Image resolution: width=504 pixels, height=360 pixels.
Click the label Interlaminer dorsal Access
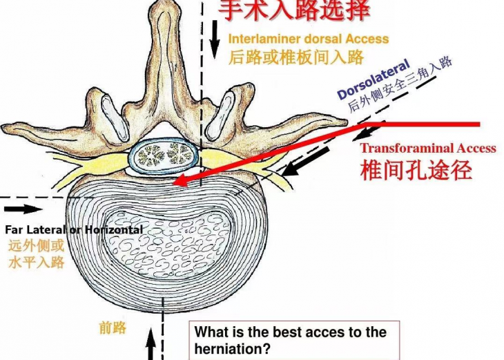308,39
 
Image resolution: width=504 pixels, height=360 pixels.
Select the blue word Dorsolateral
374,81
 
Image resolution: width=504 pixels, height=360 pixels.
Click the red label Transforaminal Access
427,148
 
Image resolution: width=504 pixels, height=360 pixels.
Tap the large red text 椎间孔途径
416,169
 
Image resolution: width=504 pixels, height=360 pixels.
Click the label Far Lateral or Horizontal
74,229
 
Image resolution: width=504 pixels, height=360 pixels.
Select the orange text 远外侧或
37,245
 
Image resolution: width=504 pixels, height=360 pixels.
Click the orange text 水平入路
37,262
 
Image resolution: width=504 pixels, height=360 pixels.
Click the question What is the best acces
290,332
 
